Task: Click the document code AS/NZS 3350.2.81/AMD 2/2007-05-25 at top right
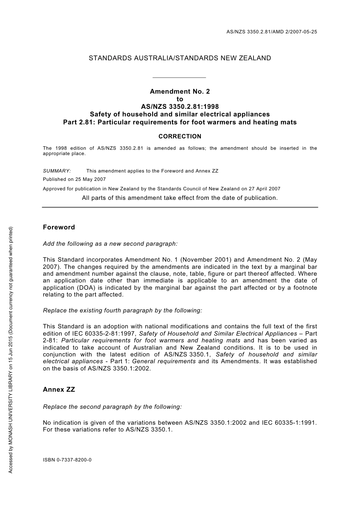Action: pyautogui.click(x=271, y=32)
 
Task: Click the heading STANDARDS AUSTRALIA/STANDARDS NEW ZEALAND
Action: pyautogui.click(x=180, y=58)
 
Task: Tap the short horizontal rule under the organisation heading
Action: pyautogui.click(x=179, y=77)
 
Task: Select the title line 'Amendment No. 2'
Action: pyautogui.click(x=180, y=91)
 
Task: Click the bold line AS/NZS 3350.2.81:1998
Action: pyautogui.click(x=180, y=107)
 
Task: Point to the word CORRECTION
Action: pyautogui.click(x=180, y=137)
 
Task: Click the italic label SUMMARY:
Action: pyautogui.click(x=57, y=171)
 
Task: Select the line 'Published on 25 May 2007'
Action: pyautogui.click(x=74, y=179)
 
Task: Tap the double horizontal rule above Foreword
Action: pyautogui.click(x=180, y=207)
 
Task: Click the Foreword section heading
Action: pyautogui.click(x=59, y=227)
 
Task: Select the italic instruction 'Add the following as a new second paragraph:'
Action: pyautogui.click(x=110, y=244)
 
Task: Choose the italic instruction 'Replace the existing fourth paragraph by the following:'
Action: pyautogui.click(x=122, y=310)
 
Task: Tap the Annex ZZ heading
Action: pyautogui.click(x=59, y=389)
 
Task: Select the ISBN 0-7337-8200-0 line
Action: pyautogui.click(x=67, y=460)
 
